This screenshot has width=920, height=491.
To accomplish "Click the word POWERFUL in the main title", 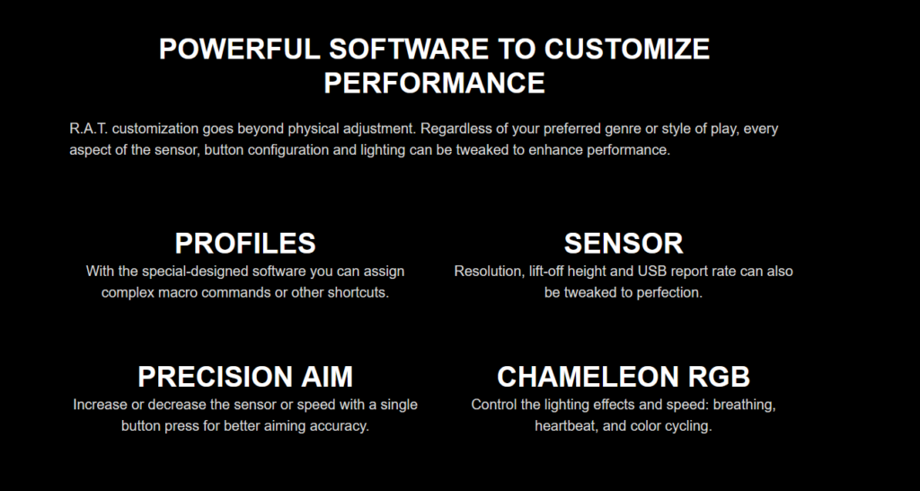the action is (x=239, y=49).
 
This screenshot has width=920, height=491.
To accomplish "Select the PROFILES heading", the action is (x=245, y=243).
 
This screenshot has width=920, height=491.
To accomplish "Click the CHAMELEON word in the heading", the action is (x=588, y=377).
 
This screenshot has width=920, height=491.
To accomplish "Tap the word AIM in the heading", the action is (x=327, y=377).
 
